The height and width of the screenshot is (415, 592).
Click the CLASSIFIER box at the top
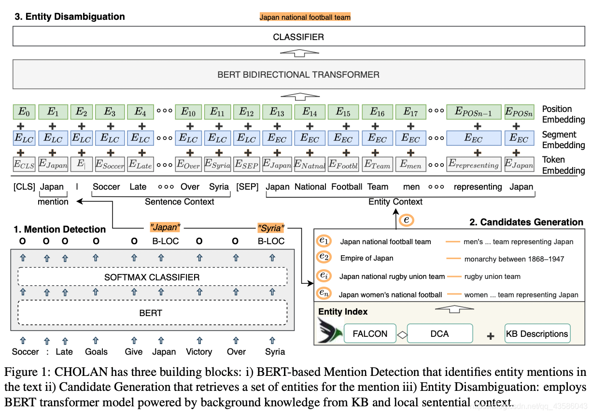coord(298,37)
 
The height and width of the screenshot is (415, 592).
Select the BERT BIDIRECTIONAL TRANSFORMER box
coord(298,75)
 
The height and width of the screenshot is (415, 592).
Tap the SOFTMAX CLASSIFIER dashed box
coord(152,277)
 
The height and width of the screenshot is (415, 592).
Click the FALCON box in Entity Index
coord(370,333)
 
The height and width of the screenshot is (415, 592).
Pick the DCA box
coord(439,333)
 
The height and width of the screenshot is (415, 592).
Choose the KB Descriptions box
coord(537,333)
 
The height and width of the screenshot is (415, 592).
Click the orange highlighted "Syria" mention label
coord(270,228)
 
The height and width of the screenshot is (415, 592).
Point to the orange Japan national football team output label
coord(305,17)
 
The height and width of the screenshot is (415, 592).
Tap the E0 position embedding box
coord(24,112)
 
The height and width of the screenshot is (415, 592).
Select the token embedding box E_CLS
coord(24,164)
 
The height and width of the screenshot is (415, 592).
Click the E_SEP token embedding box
coord(247,164)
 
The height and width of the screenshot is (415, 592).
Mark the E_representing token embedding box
coord(473,164)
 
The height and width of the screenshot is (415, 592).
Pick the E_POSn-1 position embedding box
coord(473,112)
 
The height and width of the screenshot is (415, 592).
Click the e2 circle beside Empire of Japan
coord(323,257)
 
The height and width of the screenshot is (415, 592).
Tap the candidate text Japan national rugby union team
coord(392,277)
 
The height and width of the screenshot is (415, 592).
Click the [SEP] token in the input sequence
coord(247,187)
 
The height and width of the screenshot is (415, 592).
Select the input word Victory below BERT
coord(199,352)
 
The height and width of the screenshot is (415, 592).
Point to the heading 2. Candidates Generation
coord(526,222)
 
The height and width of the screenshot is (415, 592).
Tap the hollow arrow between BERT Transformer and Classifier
coord(298,54)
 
